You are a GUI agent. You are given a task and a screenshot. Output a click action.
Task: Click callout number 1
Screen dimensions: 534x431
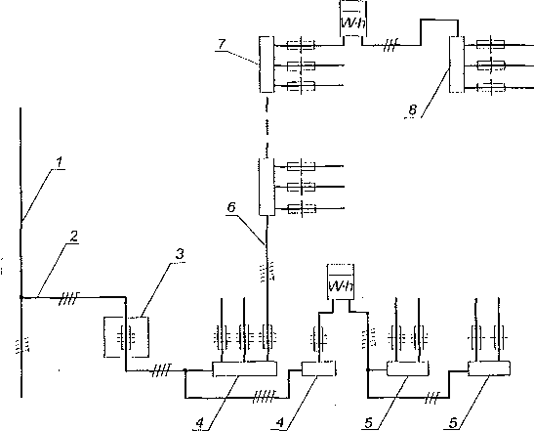pyautogui.click(x=60, y=162)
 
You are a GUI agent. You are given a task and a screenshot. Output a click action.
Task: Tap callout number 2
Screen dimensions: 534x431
pyautogui.click(x=73, y=237)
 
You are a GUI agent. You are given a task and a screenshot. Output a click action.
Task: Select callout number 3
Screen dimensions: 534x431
pyautogui.click(x=180, y=254)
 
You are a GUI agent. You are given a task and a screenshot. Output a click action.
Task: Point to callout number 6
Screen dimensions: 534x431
pyautogui.click(x=231, y=207)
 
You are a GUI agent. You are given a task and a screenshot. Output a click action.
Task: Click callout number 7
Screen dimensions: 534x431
pyautogui.click(x=222, y=44)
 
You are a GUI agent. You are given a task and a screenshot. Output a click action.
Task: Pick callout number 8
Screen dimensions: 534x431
pyautogui.click(x=412, y=109)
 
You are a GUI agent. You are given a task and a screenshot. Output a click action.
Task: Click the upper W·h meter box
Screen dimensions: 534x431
pyautogui.click(x=353, y=19)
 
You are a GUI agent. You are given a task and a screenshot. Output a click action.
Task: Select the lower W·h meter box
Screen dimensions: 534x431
pyautogui.click(x=341, y=282)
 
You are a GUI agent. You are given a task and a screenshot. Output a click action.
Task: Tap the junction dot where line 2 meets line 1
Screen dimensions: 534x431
pyautogui.click(x=21, y=297)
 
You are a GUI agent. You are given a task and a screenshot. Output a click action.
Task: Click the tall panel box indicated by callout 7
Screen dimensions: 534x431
pyautogui.click(x=267, y=65)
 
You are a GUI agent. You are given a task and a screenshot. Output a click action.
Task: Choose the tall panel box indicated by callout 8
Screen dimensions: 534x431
pyautogui.click(x=457, y=65)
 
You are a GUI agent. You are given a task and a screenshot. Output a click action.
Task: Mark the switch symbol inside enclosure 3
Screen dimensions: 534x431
pyautogui.click(x=126, y=337)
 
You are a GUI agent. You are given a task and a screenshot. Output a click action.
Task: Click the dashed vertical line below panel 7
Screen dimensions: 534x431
pyautogui.click(x=267, y=128)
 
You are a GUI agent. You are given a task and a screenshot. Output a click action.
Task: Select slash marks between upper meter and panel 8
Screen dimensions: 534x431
pyautogui.click(x=390, y=45)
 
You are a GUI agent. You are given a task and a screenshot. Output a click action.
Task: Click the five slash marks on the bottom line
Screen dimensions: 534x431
pyautogui.click(x=265, y=397)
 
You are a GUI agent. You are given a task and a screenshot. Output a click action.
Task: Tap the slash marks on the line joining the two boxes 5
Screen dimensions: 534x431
pyautogui.click(x=432, y=398)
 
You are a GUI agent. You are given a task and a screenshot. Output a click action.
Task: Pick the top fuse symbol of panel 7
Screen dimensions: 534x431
pyautogui.click(x=301, y=45)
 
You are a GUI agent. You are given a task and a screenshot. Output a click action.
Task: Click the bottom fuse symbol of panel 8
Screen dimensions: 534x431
pyautogui.click(x=490, y=88)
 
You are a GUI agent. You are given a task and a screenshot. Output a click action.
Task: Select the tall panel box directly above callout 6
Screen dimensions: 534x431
pyautogui.click(x=267, y=187)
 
